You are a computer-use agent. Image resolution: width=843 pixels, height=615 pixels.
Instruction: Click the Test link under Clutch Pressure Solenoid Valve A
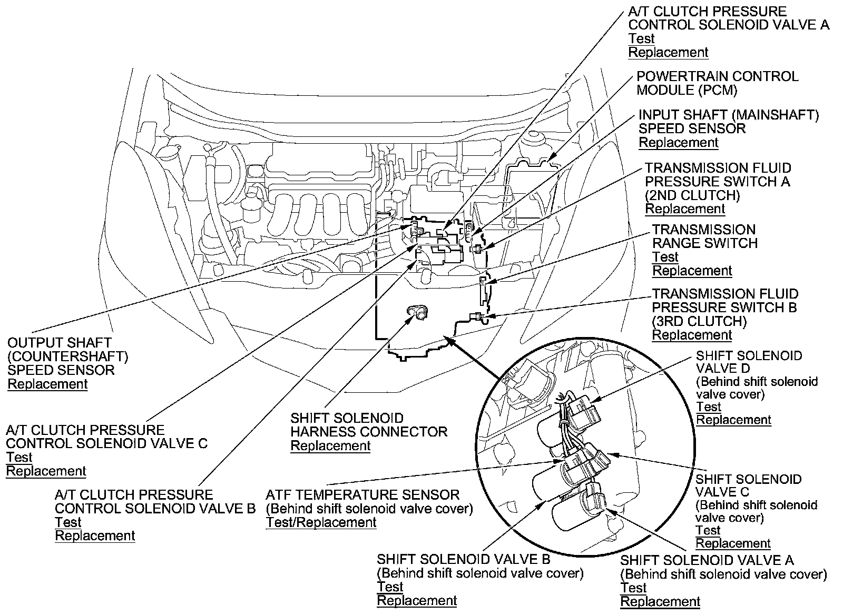coord(641,39)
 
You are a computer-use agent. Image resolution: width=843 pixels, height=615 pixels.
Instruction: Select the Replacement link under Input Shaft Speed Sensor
coord(679,143)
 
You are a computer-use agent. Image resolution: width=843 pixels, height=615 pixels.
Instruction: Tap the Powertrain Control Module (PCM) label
coord(717,83)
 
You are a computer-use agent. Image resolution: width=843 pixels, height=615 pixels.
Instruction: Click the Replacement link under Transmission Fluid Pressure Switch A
coord(685,209)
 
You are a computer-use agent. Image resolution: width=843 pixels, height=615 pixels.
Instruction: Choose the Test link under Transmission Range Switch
coord(665,257)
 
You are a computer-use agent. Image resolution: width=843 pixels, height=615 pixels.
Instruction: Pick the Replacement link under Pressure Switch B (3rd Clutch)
coord(692,335)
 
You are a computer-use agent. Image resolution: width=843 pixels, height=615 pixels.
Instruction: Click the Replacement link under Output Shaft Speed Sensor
coord(47,384)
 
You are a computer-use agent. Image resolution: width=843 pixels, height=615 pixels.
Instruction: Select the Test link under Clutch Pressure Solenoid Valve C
coord(19,458)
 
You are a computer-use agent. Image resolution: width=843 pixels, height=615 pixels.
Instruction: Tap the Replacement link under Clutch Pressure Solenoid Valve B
coord(95,536)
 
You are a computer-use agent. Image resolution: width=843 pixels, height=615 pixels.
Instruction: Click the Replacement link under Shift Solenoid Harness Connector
coord(330,446)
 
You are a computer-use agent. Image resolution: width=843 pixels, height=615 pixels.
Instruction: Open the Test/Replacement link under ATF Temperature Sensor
coord(321,522)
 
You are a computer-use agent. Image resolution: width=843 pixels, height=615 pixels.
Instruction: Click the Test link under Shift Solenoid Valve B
coord(390,587)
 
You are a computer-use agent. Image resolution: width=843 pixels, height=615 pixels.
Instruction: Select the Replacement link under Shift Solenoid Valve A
coord(660,601)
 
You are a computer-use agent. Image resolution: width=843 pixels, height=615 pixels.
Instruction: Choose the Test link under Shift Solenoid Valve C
coord(708,530)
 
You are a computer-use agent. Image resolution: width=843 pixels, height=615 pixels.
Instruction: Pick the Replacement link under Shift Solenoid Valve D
coord(733,420)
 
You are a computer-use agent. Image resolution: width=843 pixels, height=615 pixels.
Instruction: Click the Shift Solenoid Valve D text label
coord(749,362)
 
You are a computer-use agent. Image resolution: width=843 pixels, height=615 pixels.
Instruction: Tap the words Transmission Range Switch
coord(704,236)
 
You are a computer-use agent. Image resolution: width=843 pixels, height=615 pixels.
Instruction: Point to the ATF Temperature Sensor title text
coord(362,495)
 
